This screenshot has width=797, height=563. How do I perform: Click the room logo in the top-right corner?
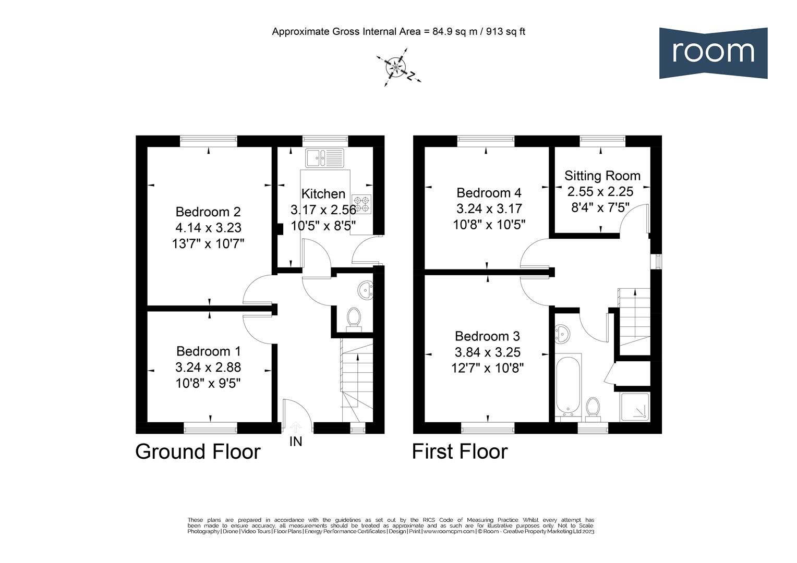[713, 53]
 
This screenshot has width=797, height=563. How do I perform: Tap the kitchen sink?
[324, 157]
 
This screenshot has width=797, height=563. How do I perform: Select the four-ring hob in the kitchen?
[361, 204]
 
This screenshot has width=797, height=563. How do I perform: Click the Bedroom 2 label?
[208, 212]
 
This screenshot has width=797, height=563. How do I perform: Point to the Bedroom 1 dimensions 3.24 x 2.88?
[208, 368]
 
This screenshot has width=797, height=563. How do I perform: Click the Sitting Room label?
[602, 176]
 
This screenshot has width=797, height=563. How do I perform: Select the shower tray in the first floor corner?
[635, 406]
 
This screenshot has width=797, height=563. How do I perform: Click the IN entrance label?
[296, 442]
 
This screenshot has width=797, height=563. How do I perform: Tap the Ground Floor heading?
[198, 451]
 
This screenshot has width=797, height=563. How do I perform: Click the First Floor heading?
[460, 451]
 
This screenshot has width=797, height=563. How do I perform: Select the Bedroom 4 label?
[489, 193]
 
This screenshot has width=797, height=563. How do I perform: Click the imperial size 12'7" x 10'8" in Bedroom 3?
[488, 368]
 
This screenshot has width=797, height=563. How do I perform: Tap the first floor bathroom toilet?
[593, 407]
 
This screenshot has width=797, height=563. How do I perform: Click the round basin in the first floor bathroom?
[562, 333]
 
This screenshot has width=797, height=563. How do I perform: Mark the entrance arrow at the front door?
[295, 427]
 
